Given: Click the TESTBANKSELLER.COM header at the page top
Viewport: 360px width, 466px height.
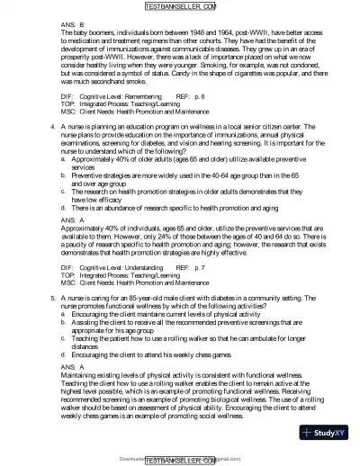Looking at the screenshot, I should pyautogui.click(x=179, y=7).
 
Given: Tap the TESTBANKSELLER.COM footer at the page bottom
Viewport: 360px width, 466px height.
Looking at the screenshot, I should pyautogui.click(x=179, y=459).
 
